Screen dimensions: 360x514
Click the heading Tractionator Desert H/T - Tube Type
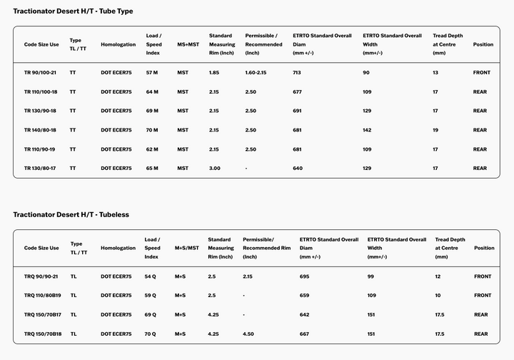tap(73, 11)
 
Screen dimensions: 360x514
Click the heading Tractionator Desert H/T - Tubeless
tap(71, 214)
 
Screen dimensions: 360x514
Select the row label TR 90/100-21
tap(40, 73)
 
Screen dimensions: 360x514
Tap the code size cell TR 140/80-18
tap(40, 130)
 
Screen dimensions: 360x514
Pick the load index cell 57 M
tap(151, 73)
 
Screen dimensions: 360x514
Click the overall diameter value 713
tap(297, 73)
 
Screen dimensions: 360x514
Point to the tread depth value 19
tap(435, 130)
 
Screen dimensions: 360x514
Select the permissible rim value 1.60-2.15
tap(256, 73)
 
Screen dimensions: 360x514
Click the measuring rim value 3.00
tap(214, 169)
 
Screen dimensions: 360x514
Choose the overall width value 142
tap(367, 130)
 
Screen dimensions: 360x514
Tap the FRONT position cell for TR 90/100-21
tap(482, 73)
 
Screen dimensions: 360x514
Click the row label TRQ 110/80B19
tap(43, 295)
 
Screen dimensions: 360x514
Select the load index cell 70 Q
tap(151, 334)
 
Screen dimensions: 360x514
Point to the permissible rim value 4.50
tap(249, 334)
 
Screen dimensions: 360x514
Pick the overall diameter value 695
tap(304, 276)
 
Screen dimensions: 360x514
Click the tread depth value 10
tap(438, 295)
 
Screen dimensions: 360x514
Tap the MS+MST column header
tap(188, 44)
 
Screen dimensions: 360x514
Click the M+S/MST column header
tap(187, 248)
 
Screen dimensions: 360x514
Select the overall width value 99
tap(371, 276)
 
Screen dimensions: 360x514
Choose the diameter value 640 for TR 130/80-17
tap(297, 169)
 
